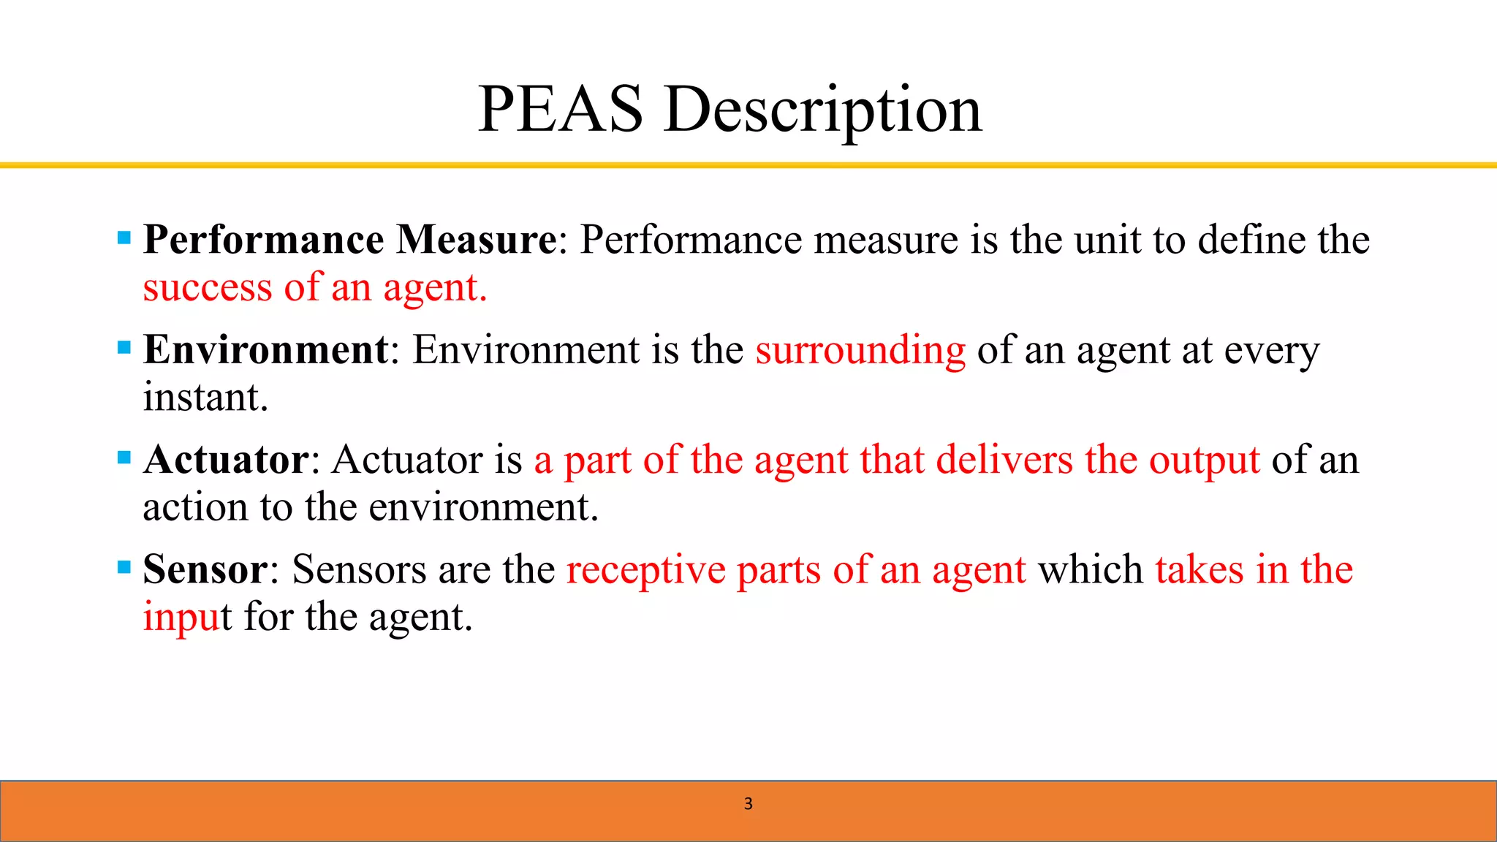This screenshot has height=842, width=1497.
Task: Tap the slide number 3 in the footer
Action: coord(748,804)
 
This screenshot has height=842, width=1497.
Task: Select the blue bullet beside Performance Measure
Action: coord(124,238)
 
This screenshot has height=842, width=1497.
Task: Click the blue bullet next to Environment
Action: coord(124,347)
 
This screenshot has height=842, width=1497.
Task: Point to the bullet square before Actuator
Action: coord(124,458)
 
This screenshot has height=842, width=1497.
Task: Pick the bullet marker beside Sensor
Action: coord(124,567)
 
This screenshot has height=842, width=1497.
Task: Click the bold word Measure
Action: coord(477,240)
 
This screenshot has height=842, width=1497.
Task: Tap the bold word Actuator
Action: coord(227,460)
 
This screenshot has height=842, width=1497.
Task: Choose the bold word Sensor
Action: coord(205,569)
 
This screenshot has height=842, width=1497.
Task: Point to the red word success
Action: coord(208,288)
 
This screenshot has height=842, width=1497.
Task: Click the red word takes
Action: coord(1199,569)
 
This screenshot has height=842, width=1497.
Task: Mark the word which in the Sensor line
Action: coord(1091,569)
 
